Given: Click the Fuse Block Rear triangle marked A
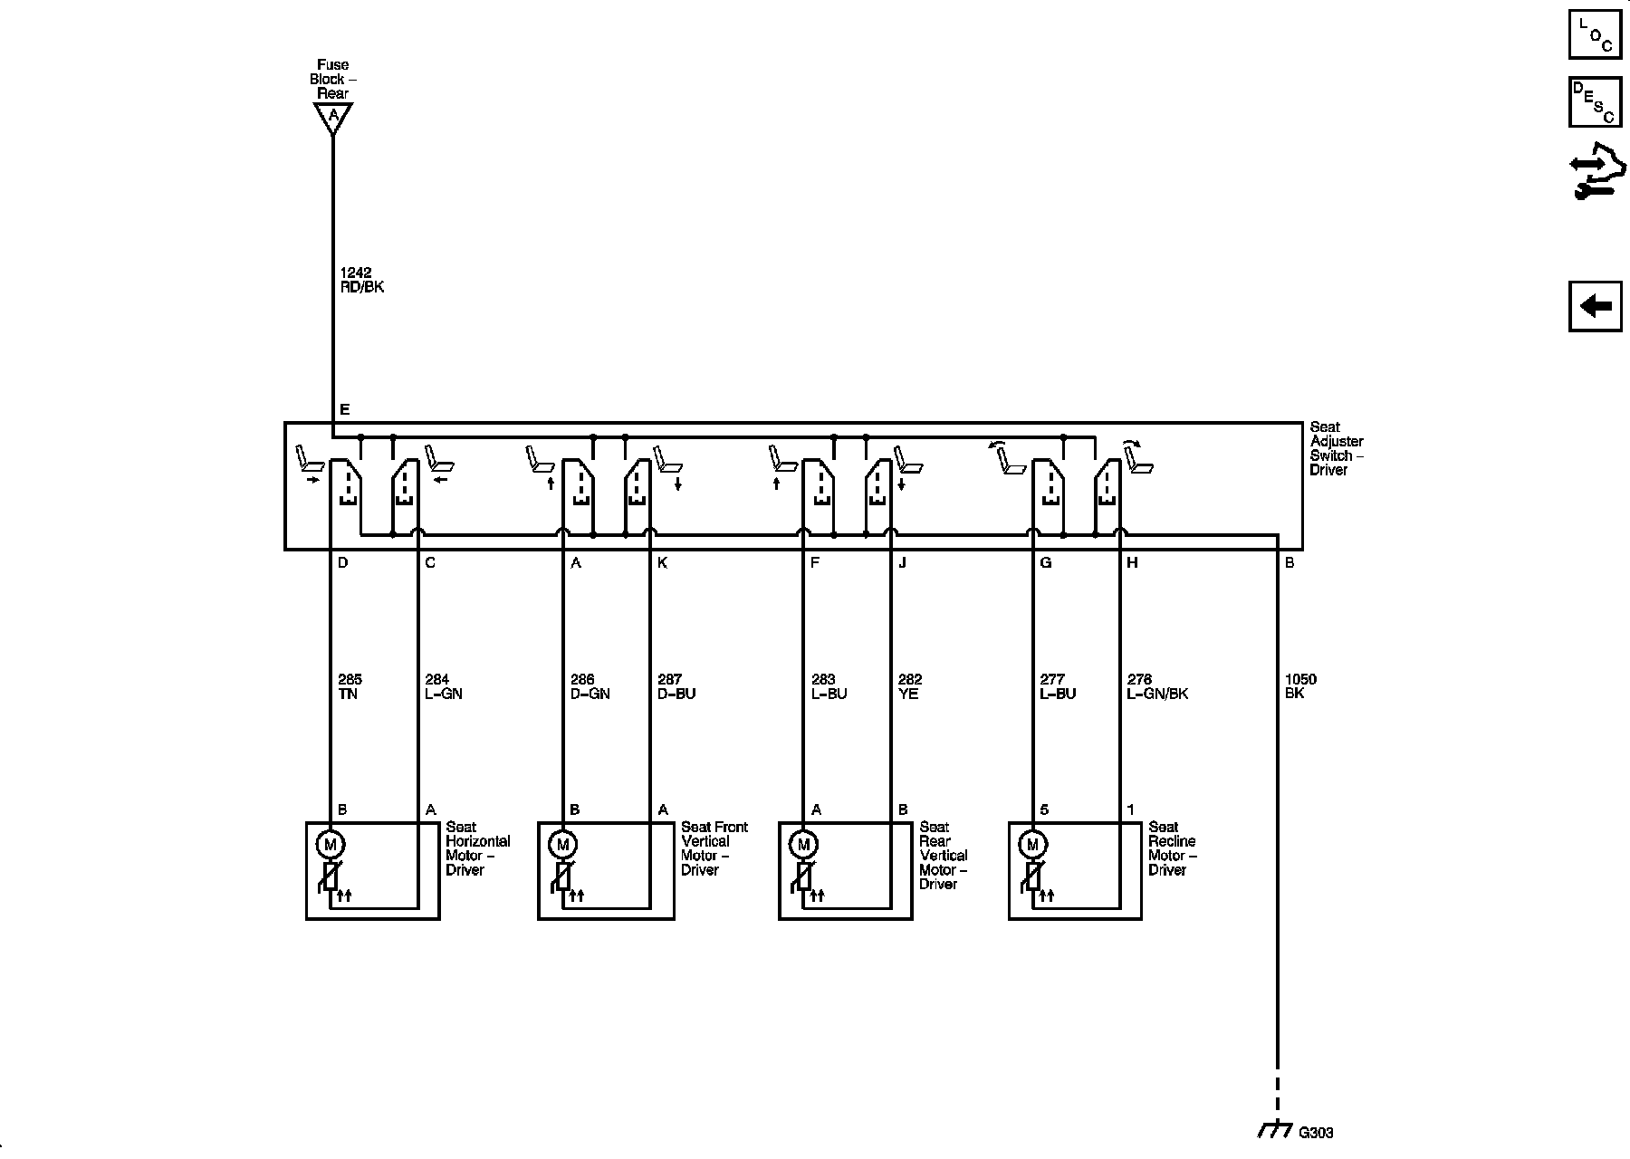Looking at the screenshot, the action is click(x=333, y=117).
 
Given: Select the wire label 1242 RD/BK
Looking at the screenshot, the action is click(x=361, y=280).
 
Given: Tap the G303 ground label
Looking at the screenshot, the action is click(x=1316, y=1133).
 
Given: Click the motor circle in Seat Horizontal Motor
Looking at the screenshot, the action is click(x=330, y=845).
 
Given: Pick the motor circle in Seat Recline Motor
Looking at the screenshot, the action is click(x=1032, y=845).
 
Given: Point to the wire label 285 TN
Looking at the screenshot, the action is click(x=350, y=686).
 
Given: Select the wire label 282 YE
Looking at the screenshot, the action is click(x=909, y=686).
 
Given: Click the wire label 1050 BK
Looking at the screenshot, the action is click(x=1300, y=686).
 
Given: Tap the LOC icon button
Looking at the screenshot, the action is click(x=1595, y=34).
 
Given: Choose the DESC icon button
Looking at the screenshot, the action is click(x=1595, y=102).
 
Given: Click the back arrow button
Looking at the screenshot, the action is click(x=1595, y=306).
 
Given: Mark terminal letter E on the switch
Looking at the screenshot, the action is click(x=344, y=410).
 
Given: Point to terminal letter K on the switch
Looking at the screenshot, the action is click(x=663, y=563).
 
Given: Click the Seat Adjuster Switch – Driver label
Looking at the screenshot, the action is click(x=1336, y=448).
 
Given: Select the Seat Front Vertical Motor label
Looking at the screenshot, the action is click(x=714, y=848).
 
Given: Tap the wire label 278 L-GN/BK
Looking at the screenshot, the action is click(x=1157, y=686).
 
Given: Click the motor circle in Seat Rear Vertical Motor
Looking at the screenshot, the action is click(x=802, y=845).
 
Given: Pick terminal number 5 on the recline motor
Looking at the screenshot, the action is click(x=1044, y=809).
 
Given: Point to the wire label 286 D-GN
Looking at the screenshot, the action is click(x=590, y=686).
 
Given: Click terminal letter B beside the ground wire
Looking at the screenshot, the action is click(x=1290, y=563).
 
